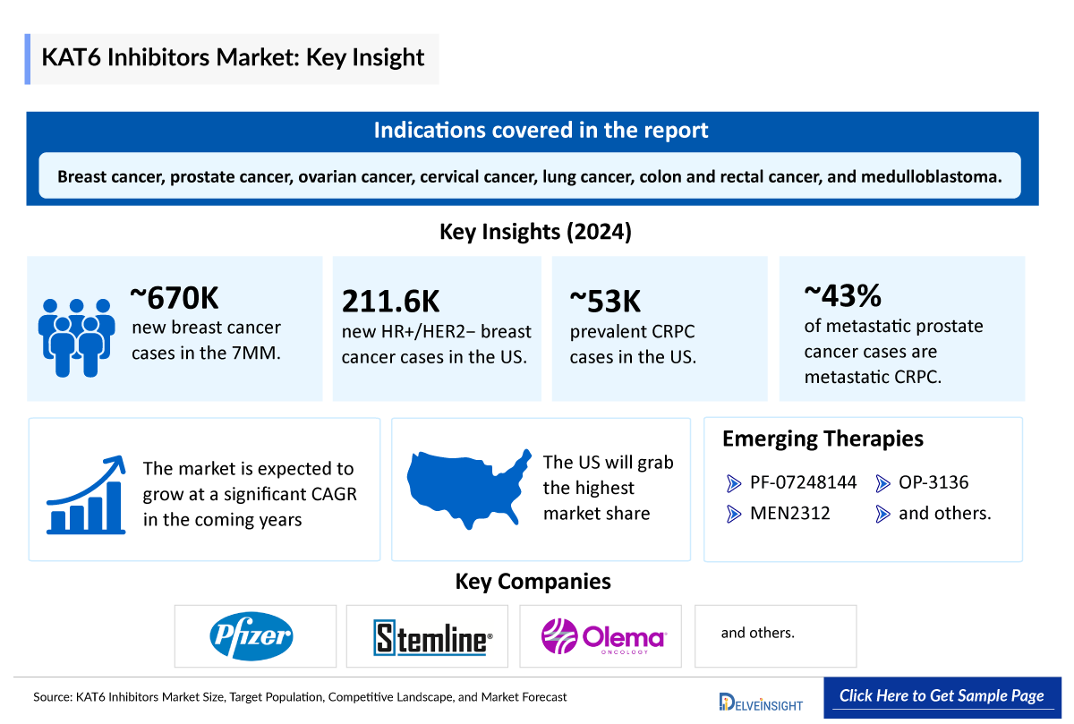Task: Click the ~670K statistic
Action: [x=175, y=296]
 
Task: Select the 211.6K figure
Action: [x=391, y=302]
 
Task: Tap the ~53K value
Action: [x=606, y=302]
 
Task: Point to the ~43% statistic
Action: [x=843, y=294]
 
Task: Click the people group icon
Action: [x=77, y=336]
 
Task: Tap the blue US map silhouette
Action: [x=468, y=489]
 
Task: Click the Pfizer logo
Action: [x=251, y=636]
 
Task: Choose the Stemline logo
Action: [x=432, y=638]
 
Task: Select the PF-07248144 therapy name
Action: [x=803, y=483]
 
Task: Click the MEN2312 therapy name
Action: [x=790, y=514]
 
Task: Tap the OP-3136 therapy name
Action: [x=933, y=483]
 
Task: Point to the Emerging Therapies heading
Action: [x=823, y=439]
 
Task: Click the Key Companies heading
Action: [x=533, y=582]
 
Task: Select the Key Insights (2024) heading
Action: [x=535, y=232]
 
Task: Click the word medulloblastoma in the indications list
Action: [x=930, y=176]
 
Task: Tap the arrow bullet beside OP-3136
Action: [x=882, y=484]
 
